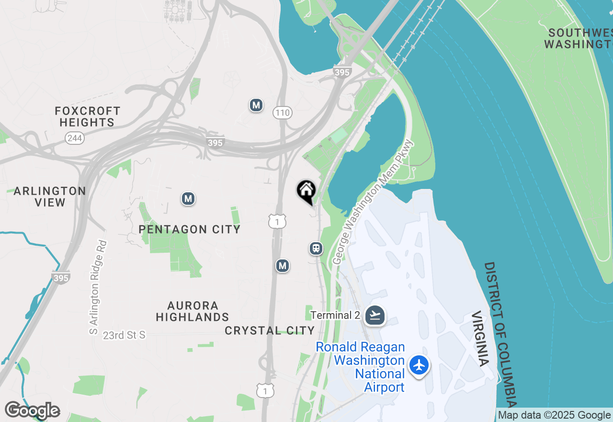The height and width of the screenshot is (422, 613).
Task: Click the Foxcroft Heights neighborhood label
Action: tap(87, 117)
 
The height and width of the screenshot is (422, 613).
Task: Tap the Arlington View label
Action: tap(50, 197)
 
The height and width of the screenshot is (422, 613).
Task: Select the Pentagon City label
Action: tap(189, 229)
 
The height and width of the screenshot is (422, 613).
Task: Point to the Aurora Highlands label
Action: tap(192, 311)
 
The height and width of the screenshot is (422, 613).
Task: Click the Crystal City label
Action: tap(270, 330)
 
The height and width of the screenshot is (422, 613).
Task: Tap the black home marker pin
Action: tap(306, 191)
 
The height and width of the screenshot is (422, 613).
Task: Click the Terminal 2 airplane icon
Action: tap(375, 316)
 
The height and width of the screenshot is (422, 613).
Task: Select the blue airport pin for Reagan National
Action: tap(419, 365)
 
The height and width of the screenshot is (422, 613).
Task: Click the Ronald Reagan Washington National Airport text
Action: tap(361, 367)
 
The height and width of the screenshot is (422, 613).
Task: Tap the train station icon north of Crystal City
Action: tap(316, 248)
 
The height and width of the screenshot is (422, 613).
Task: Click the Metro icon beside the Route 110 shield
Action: tap(256, 105)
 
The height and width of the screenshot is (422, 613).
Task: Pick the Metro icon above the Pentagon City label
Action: tap(188, 199)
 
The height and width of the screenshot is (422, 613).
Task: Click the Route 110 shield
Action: tap(283, 113)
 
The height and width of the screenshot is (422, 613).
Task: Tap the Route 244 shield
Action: tap(75, 138)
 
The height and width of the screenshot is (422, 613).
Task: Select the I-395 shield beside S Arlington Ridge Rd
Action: tap(61, 277)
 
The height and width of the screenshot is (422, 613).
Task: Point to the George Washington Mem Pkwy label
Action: tap(372, 202)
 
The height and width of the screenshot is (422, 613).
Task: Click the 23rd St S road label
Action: tap(124, 335)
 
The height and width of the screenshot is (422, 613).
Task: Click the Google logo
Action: tap(32, 410)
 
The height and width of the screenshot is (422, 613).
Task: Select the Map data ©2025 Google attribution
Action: tap(554, 415)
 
